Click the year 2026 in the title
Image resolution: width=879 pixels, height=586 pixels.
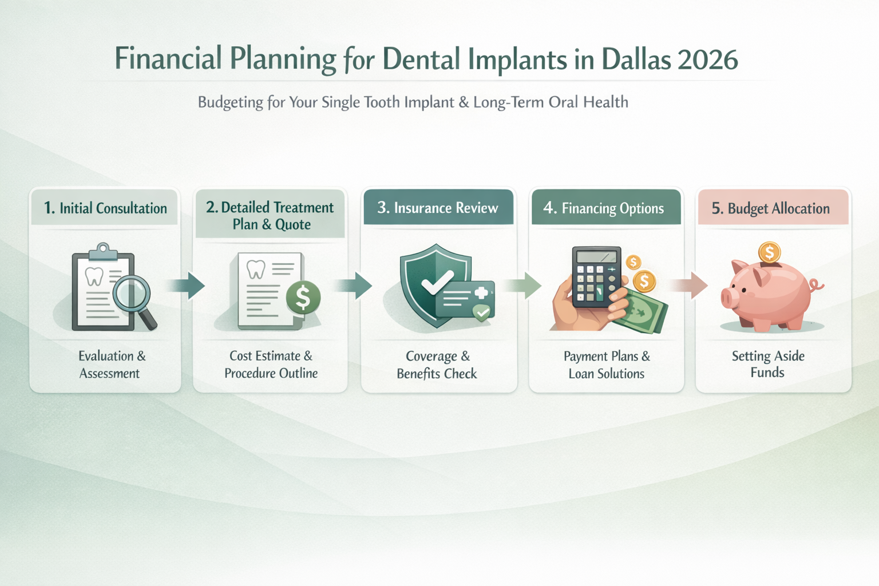(707, 60)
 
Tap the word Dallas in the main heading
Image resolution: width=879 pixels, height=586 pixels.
(635, 60)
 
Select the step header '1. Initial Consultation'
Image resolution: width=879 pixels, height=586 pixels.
(105, 208)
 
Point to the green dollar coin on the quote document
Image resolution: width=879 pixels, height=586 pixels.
(303, 297)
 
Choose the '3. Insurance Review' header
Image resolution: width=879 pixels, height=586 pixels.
(438, 208)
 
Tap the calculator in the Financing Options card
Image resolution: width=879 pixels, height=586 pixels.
(596, 276)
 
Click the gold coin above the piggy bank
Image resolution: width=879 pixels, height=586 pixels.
(770, 252)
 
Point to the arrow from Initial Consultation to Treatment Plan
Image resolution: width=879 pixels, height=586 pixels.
(187, 286)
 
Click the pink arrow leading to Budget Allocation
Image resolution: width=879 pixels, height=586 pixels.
(690, 286)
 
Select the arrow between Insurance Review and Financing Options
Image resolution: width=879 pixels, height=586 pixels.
(523, 286)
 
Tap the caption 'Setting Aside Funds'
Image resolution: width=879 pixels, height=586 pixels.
(768, 364)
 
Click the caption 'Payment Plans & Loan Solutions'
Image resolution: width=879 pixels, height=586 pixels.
(607, 365)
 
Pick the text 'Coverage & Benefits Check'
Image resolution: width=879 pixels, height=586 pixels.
(437, 365)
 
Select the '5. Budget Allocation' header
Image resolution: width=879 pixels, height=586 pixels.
(770, 208)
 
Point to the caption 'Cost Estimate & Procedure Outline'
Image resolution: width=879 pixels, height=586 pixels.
(271, 365)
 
